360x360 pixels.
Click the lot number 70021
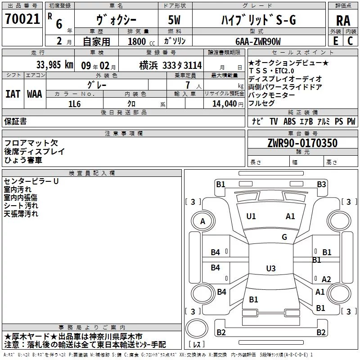tap(22, 19)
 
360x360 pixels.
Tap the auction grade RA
tap(343, 21)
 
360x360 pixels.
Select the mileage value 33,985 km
tap(54, 65)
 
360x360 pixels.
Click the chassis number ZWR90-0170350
tap(302, 143)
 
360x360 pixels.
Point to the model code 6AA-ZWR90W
tap(258, 41)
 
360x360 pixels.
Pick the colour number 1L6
tap(74, 104)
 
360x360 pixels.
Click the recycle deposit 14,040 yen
tap(228, 104)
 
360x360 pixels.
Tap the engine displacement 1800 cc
tap(141, 41)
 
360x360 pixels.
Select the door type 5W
tap(174, 20)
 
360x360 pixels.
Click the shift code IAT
tap(13, 94)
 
